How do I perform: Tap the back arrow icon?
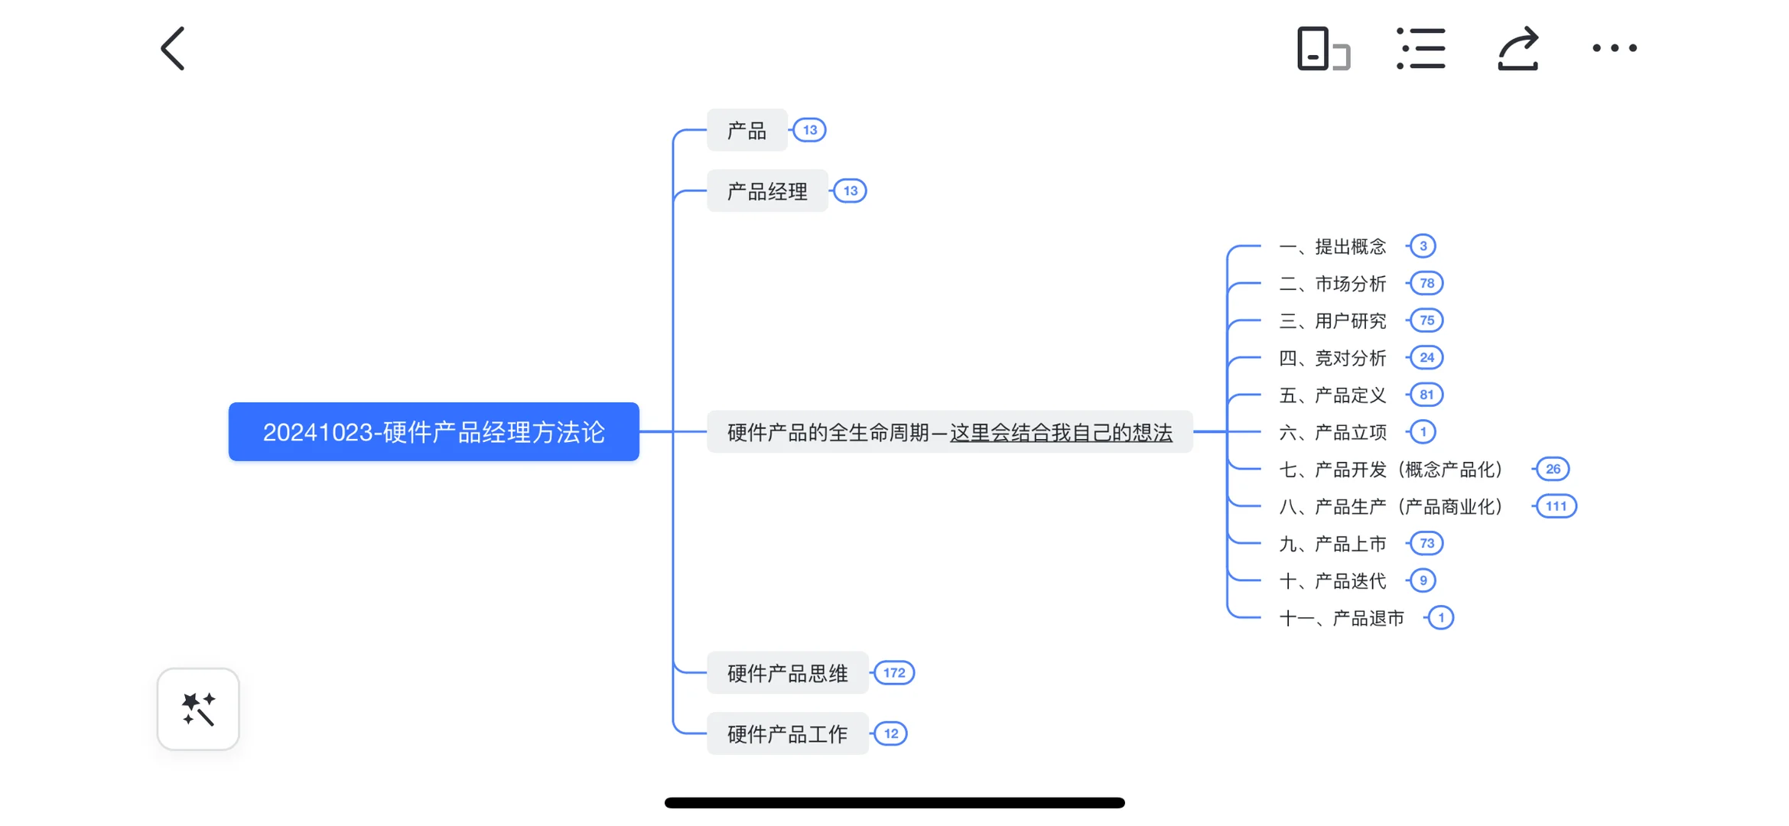(x=173, y=49)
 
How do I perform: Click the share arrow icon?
(x=1517, y=49)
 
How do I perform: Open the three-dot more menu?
(x=1614, y=48)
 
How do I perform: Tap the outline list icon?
(x=1420, y=49)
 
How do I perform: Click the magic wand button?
(x=198, y=709)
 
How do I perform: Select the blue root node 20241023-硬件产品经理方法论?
(x=434, y=432)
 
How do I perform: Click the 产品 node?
(x=747, y=131)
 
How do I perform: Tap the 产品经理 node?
(x=767, y=191)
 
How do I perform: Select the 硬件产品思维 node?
(x=787, y=673)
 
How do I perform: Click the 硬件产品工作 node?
(x=787, y=734)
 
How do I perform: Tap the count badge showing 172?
(x=894, y=673)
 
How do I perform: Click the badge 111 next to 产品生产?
(x=1555, y=506)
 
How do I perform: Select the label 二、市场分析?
(x=1332, y=284)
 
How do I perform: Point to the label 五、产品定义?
(x=1332, y=395)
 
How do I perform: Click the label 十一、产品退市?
(x=1342, y=618)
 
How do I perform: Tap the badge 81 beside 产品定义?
(x=1426, y=395)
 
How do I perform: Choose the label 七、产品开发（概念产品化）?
(x=1391, y=470)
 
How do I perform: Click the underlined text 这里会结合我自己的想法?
(x=1061, y=433)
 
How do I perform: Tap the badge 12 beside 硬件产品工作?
(x=891, y=734)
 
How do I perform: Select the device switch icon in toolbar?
(x=1323, y=49)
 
